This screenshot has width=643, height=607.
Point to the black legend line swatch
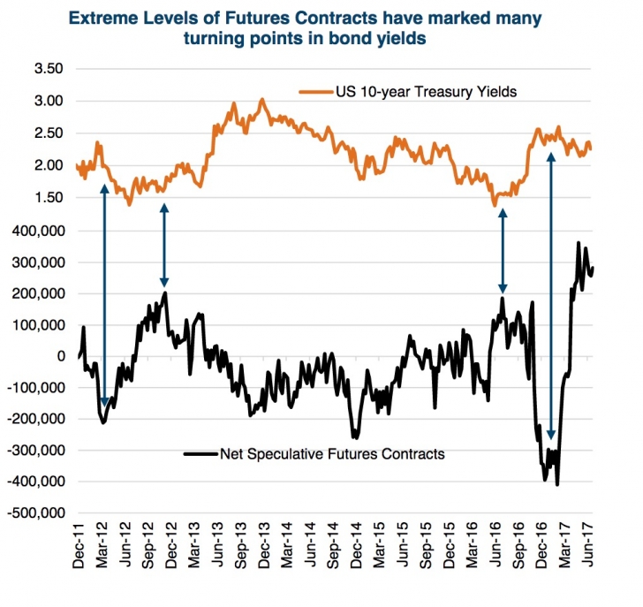(x=200, y=453)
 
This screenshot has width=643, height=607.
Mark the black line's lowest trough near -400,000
(x=557, y=483)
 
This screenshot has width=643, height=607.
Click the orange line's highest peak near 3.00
(x=262, y=100)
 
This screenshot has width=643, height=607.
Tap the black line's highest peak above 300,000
(x=579, y=243)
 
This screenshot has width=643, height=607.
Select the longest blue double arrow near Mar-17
(x=552, y=296)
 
